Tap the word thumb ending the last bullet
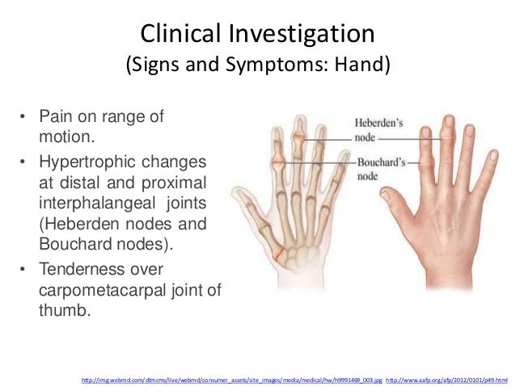pyautogui.click(x=61, y=309)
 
